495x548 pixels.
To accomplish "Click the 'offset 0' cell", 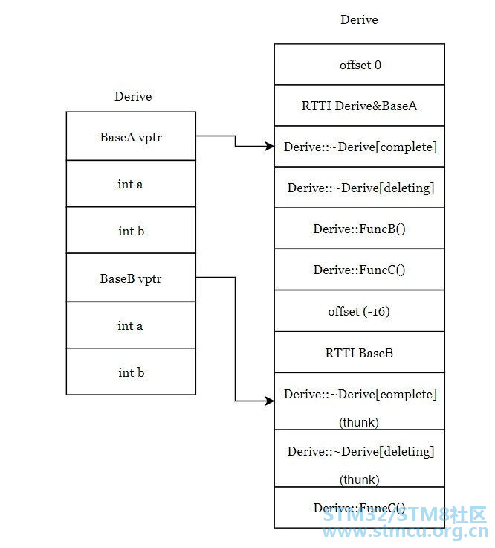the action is (x=359, y=64).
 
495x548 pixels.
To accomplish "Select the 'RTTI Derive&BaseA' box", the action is (x=359, y=106).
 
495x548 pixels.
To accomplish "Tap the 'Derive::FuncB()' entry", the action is (x=359, y=229).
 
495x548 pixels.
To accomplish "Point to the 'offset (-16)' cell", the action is (x=359, y=310).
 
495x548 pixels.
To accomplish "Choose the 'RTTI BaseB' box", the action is (x=359, y=352).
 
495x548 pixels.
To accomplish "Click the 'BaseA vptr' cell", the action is (x=131, y=136).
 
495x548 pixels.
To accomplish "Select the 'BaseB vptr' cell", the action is (x=131, y=278).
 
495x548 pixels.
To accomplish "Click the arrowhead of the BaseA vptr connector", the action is (x=270, y=146).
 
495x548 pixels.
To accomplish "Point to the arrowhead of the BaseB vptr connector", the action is (x=270, y=401).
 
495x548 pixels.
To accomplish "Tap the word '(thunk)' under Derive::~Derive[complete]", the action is (x=359, y=422).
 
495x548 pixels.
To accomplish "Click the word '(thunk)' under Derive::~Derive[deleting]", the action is (x=359, y=479).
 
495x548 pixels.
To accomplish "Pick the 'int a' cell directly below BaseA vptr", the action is (x=131, y=184).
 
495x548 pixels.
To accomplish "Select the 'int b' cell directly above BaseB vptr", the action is (x=131, y=230).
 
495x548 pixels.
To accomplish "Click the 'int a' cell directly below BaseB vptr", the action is (x=131, y=325).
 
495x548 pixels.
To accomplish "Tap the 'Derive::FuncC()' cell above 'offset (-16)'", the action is (x=359, y=270).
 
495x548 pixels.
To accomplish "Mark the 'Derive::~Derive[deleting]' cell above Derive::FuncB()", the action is (x=359, y=188).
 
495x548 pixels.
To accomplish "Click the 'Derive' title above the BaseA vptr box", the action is (x=133, y=96).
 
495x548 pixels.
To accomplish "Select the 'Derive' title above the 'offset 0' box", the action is (x=359, y=19).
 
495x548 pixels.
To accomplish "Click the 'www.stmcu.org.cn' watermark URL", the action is (x=405, y=532).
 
